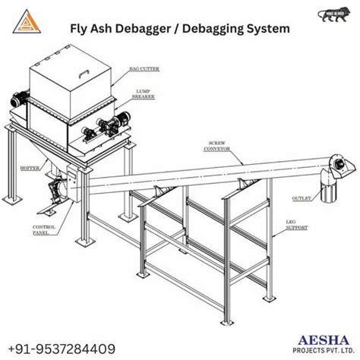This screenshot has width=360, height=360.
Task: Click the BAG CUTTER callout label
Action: click(166, 68)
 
